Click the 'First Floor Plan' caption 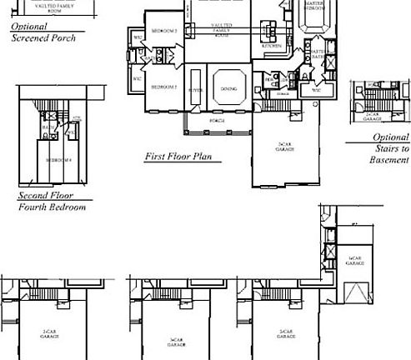click(x=178, y=156)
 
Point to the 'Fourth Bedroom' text click(x=52, y=207)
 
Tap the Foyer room click(x=196, y=89)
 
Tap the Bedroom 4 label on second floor click(x=56, y=159)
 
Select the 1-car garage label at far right click(x=355, y=260)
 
